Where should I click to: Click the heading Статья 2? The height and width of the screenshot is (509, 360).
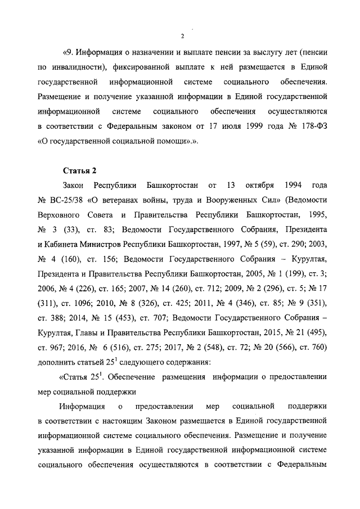[x=79, y=170]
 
